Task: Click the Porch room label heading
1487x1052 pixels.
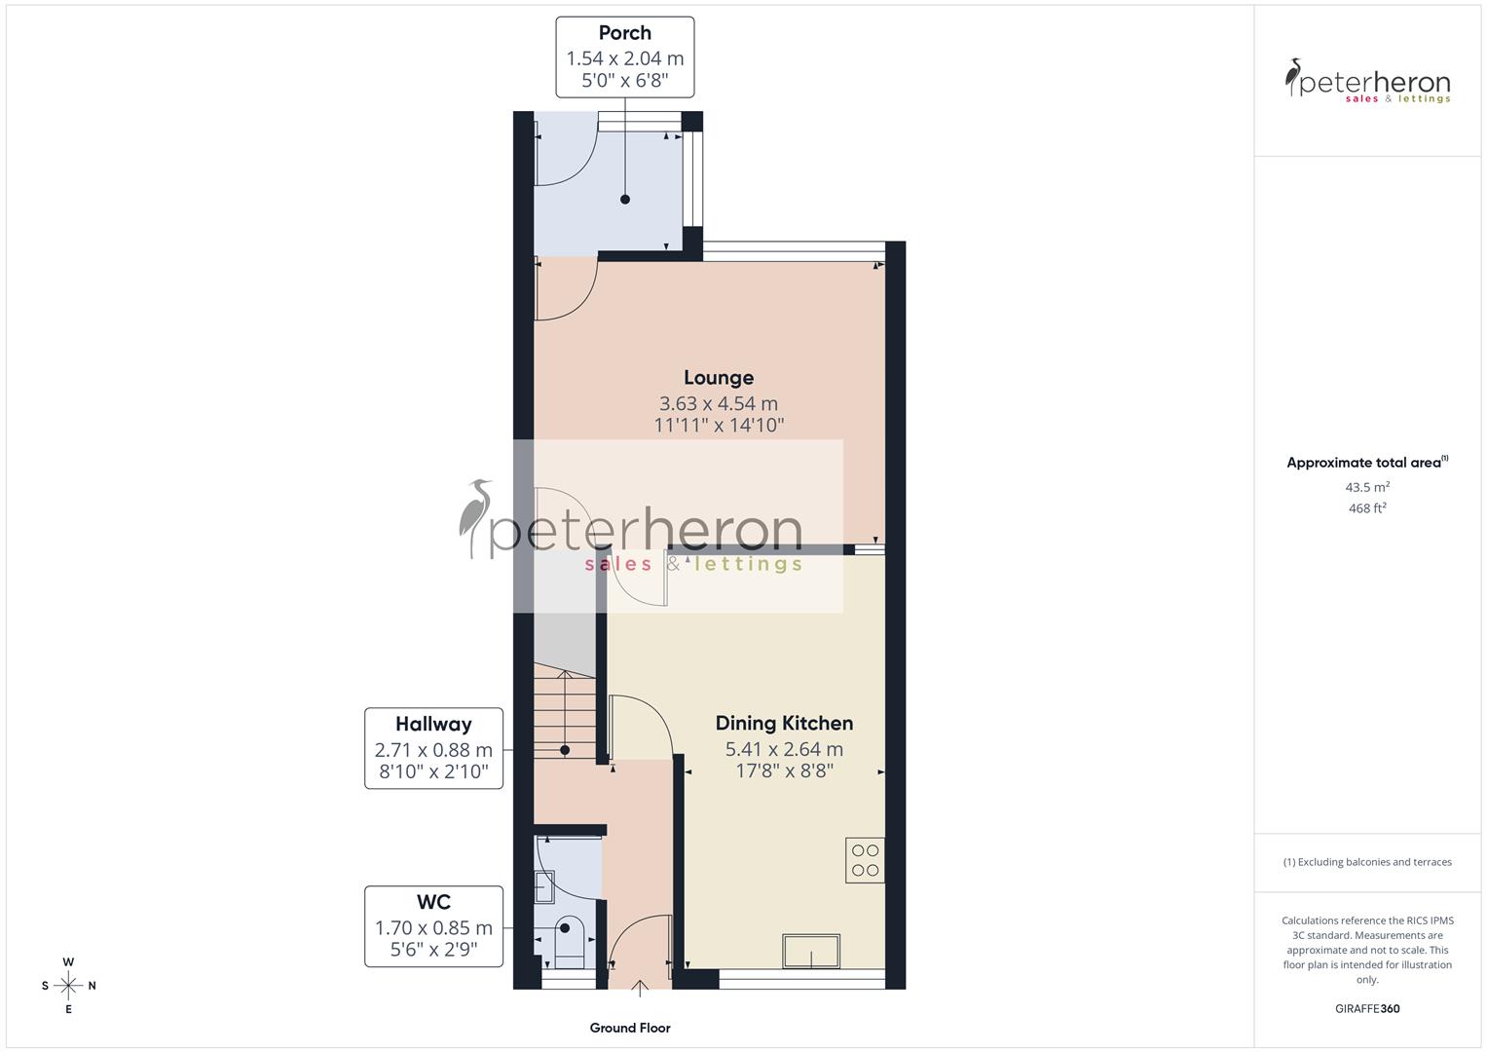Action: point(624,33)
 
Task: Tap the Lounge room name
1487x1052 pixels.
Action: point(719,378)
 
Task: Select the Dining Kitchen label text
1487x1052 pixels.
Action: point(784,723)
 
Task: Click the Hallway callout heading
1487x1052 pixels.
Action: point(433,724)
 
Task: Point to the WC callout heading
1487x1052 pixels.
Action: point(433,902)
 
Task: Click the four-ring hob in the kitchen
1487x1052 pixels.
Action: point(865,860)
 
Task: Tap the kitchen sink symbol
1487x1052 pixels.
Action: point(811,952)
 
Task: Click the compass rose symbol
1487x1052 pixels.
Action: point(68,986)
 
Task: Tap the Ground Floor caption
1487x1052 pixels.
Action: point(630,1028)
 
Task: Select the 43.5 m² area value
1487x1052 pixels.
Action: point(1367,487)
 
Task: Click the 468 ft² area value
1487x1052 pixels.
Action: point(1367,508)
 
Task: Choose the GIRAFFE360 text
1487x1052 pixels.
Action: point(1367,1009)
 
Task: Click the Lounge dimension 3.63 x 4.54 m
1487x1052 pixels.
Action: point(719,403)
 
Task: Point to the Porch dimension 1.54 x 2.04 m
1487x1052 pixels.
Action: point(624,58)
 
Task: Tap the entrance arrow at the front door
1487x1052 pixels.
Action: point(640,990)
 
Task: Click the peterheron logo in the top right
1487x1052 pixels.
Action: point(1367,81)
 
